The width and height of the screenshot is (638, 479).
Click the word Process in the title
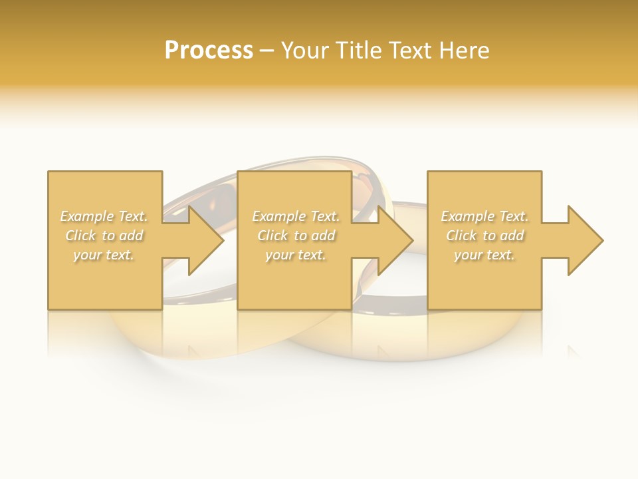tap(209, 51)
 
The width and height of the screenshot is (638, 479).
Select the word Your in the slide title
tap(308, 51)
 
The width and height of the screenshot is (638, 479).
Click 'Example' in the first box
tap(86, 216)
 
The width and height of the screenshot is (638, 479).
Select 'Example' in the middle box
tap(278, 216)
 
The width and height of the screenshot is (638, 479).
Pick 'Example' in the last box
tap(467, 216)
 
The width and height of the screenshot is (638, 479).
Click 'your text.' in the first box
tap(104, 255)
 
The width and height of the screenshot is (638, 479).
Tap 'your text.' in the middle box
tap(295, 255)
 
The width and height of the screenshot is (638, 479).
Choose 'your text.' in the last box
tap(484, 255)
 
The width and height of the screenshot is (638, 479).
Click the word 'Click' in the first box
tap(80, 236)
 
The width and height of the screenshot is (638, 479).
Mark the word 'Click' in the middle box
tap(272, 236)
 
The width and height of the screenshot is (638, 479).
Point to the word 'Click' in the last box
tap(461, 236)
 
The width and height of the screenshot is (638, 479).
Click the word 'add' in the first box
tap(132, 236)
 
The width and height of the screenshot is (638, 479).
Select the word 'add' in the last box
tap(512, 236)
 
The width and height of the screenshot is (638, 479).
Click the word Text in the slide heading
tap(411, 51)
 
